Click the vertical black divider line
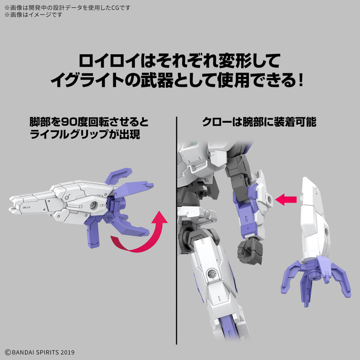(x=176, y=229)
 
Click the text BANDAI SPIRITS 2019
(x=39, y=352)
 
